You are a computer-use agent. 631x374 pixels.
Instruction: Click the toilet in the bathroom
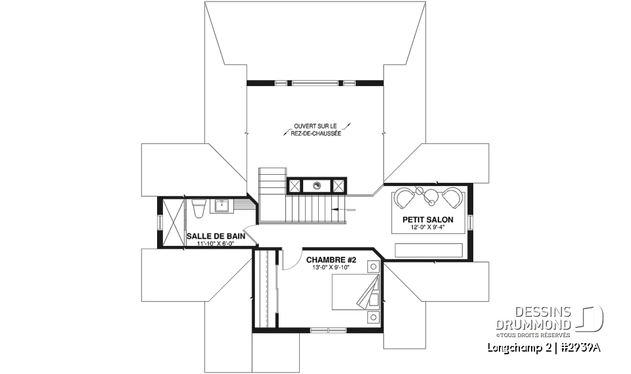pyautogui.click(x=198, y=208)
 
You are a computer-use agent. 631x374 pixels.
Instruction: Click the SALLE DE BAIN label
pyautogui.click(x=212, y=235)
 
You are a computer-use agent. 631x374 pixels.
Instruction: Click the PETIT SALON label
pyautogui.click(x=428, y=219)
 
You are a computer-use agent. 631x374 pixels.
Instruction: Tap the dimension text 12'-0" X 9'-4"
pyautogui.click(x=428, y=227)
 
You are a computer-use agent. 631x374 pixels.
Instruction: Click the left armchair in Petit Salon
pyautogui.click(x=405, y=197)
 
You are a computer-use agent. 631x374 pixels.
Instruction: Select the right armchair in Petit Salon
pyautogui.click(x=452, y=197)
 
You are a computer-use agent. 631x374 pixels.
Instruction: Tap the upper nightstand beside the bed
pyautogui.click(x=373, y=267)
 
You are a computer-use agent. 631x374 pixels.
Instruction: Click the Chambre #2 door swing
pyautogui.click(x=289, y=260)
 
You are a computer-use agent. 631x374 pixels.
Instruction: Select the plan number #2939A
pyautogui.click(x=578, y=348)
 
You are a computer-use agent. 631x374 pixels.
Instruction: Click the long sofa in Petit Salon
pyautogui.click(x=429, y=250)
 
